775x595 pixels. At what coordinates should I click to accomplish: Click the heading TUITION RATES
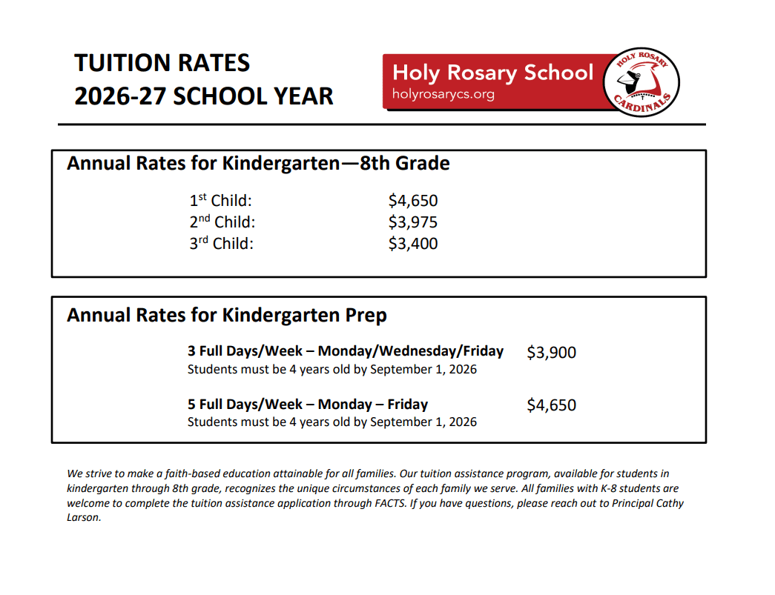(162, 63)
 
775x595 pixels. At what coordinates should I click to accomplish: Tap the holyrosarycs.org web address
(443, 95)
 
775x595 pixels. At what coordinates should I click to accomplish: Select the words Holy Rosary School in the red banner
(492, 73)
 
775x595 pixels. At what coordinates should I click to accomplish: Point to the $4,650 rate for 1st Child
(412, 201)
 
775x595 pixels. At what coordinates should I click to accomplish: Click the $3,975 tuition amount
(412, 222)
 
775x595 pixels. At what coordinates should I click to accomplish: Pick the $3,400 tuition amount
(412, 244)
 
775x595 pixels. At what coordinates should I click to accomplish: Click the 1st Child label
(220, 201)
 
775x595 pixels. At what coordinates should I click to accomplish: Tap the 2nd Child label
(222, 222)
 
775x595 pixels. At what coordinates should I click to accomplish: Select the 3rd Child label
(221, 244)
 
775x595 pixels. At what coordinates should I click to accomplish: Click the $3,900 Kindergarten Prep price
(551, 353)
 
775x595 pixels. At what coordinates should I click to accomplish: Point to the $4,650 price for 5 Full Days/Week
(551, 405)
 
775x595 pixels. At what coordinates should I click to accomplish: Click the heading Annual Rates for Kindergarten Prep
(227, 316)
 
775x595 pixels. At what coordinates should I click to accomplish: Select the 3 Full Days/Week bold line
(346, 351)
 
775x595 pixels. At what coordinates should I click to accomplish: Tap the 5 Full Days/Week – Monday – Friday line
(308, 405)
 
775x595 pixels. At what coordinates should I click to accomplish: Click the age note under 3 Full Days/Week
(332, 369)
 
